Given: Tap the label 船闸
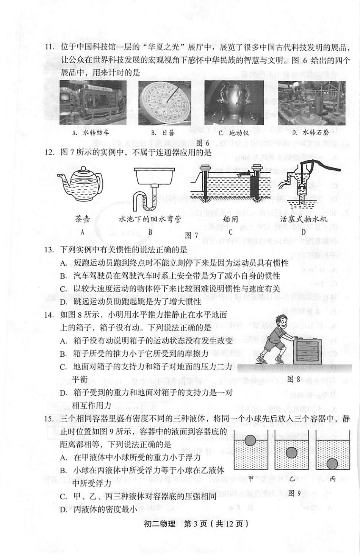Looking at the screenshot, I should (230, 219).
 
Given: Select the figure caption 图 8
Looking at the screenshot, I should (293, 379).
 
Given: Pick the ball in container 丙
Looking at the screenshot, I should (332, 463).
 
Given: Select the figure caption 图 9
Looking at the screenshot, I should (294, 493).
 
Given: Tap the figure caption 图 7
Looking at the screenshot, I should (191, 236).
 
